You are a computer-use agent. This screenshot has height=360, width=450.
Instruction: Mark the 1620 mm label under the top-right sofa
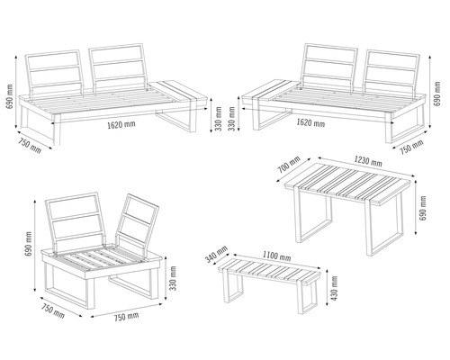coord(310,122)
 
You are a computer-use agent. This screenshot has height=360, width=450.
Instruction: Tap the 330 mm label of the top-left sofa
coord(220,118)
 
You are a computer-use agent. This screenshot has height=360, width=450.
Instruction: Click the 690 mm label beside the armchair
coord(29,243)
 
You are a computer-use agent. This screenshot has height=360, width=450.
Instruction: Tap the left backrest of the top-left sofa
coord(57,76)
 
